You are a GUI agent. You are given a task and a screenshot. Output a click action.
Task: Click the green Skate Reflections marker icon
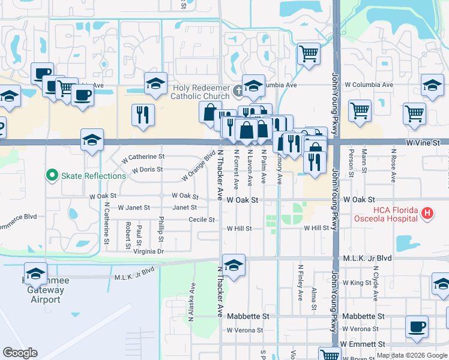click(52, 176)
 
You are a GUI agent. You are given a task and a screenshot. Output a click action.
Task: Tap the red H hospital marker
click(427, 212)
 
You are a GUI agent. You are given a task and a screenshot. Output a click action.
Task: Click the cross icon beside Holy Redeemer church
click(238, 91)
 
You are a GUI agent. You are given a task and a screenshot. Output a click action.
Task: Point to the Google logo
click(20, 353)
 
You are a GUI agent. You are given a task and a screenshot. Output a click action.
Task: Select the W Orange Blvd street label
click(201, 165)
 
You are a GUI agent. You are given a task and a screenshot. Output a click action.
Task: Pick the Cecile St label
click(202, 220)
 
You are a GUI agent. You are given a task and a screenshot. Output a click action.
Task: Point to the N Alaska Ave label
click(191, 303)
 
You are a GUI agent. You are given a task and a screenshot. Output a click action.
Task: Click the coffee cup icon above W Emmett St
click(416, 327)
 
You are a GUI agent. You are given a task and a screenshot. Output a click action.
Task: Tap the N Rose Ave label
click(393, 166)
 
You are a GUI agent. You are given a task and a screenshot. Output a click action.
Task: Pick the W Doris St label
click(147, 170)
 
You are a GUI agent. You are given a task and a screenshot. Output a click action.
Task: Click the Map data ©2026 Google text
click(412, 355)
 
